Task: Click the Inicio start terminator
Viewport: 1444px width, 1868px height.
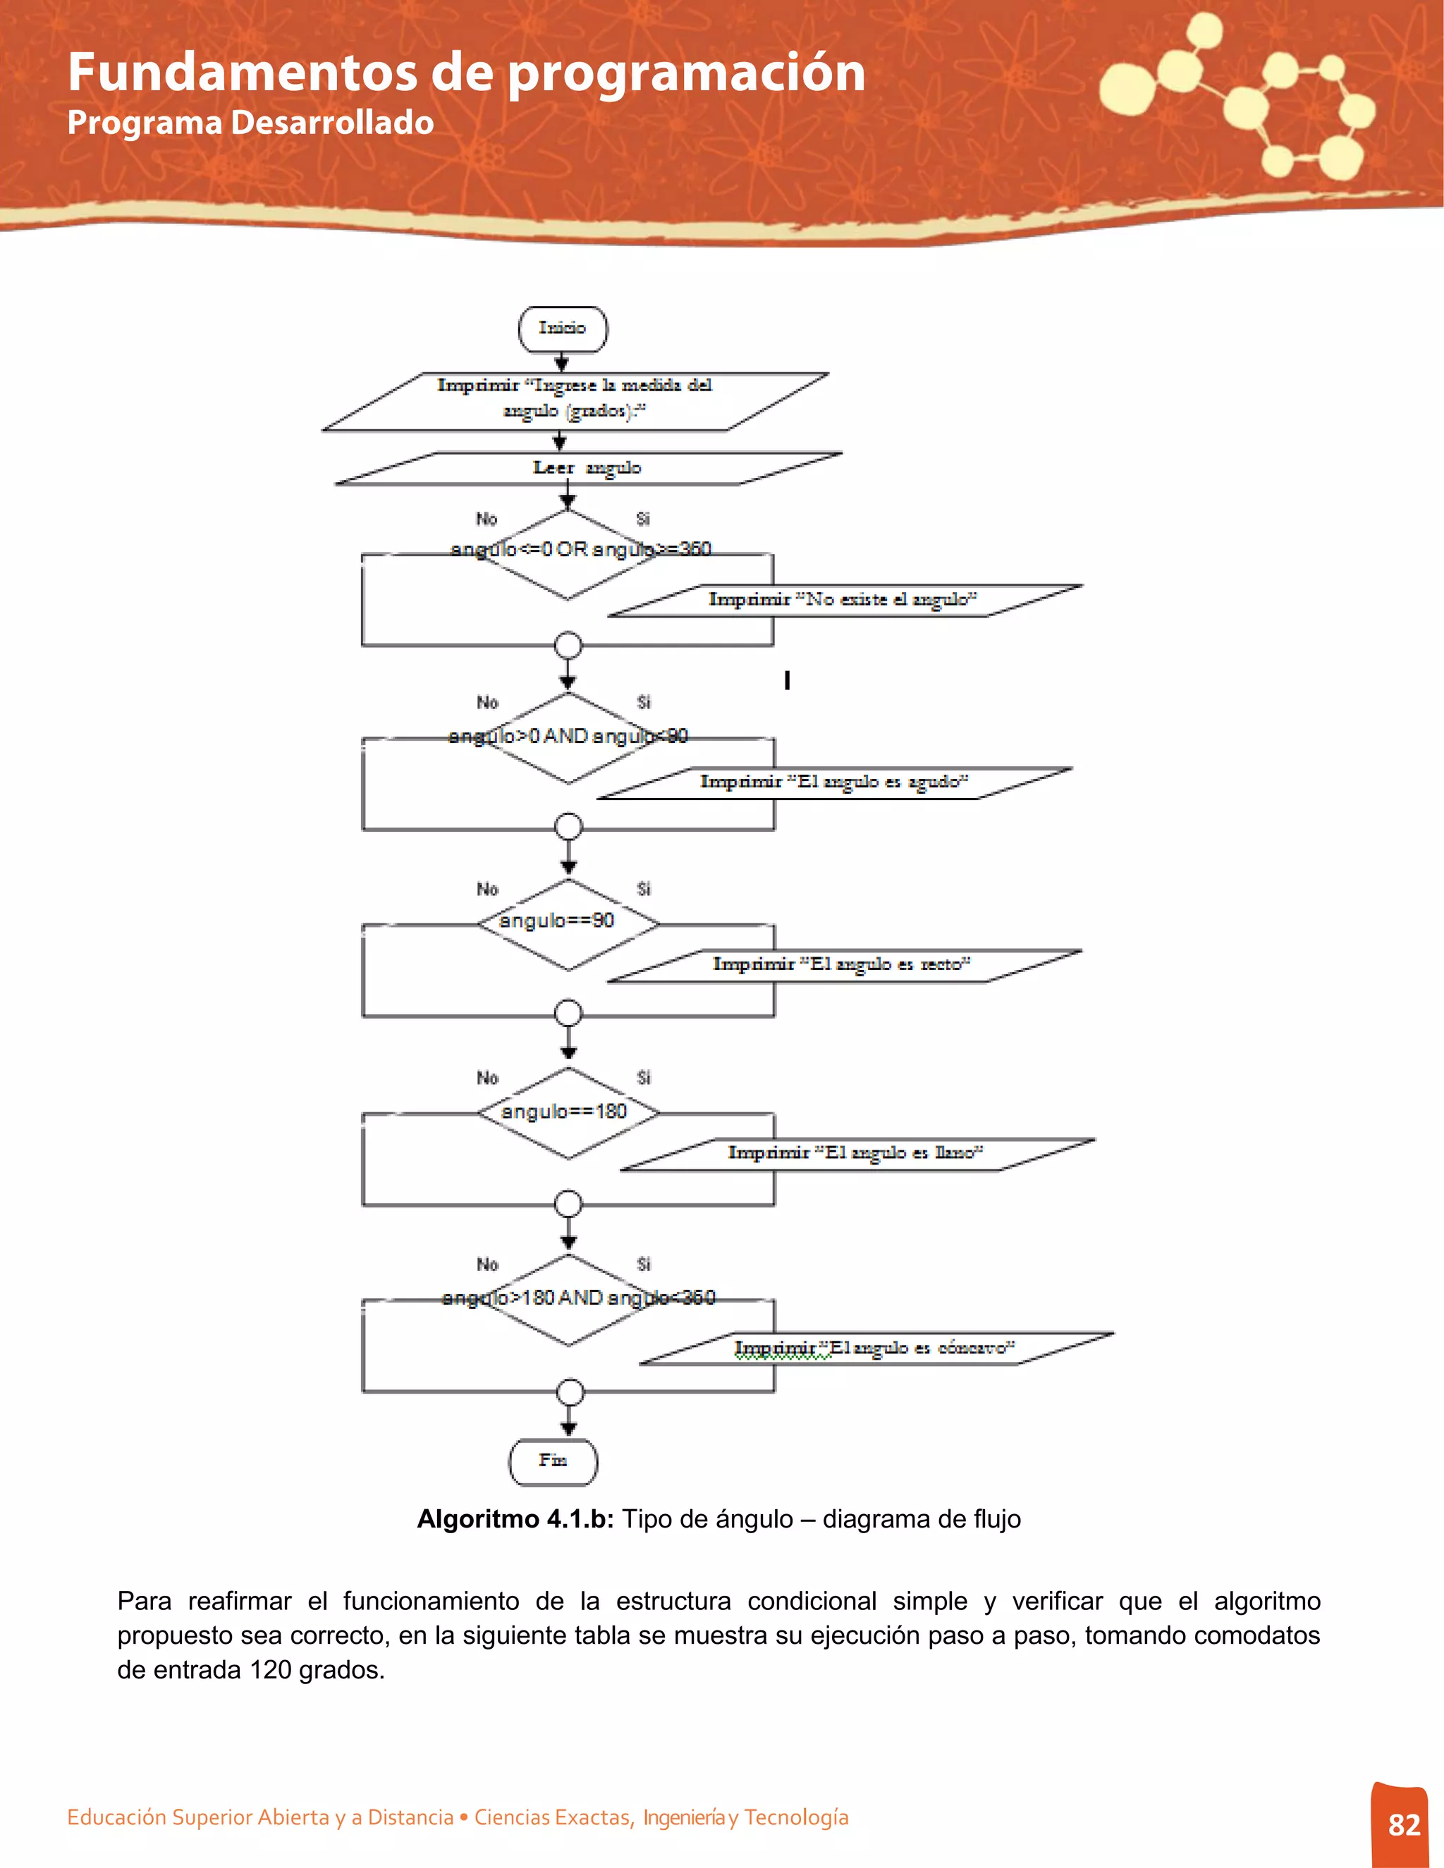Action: coord(563,328)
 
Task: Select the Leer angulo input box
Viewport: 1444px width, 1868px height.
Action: coord(588,469)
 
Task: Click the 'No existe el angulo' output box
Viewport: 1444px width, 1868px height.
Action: coord(843,601)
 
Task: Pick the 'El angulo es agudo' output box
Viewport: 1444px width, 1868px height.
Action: coord(834,782)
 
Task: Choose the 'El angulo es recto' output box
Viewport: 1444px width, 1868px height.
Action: coord(843,966)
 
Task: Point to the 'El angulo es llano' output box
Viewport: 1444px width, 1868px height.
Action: coord(856,1154)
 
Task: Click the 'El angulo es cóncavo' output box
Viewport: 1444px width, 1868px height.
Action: coord(875,1348)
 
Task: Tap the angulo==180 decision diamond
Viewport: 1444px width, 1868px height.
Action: coord(568,1113)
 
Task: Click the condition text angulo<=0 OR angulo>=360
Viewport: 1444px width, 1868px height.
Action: coord(581,549)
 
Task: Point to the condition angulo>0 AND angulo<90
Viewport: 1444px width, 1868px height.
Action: coord(568,737)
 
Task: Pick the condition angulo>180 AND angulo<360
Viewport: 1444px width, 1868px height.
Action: coord(578,1298)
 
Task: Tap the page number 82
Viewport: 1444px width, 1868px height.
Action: coord(1404,1825)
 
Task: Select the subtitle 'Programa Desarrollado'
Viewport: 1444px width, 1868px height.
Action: coord(250,123)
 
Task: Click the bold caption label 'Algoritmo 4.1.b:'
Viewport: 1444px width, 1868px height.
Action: coord(515,1519)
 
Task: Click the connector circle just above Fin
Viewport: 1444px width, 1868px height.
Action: coord(570,1392)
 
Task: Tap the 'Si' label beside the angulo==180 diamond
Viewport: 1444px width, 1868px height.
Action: coord(643,1078)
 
